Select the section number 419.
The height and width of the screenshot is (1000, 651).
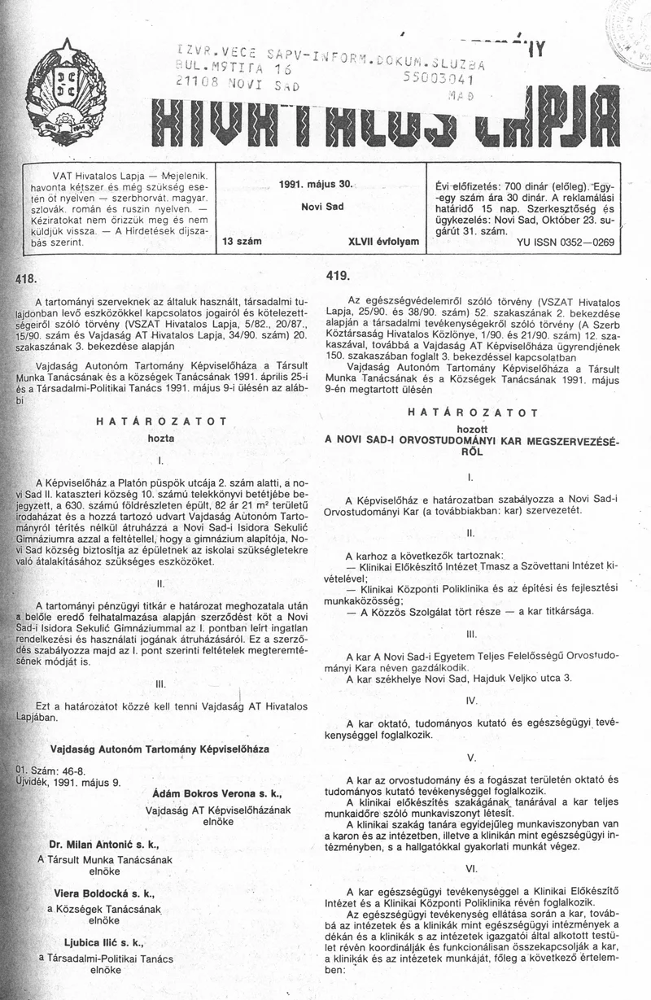[338, 277]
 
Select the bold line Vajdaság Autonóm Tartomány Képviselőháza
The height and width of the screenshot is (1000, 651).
[159, 746]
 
